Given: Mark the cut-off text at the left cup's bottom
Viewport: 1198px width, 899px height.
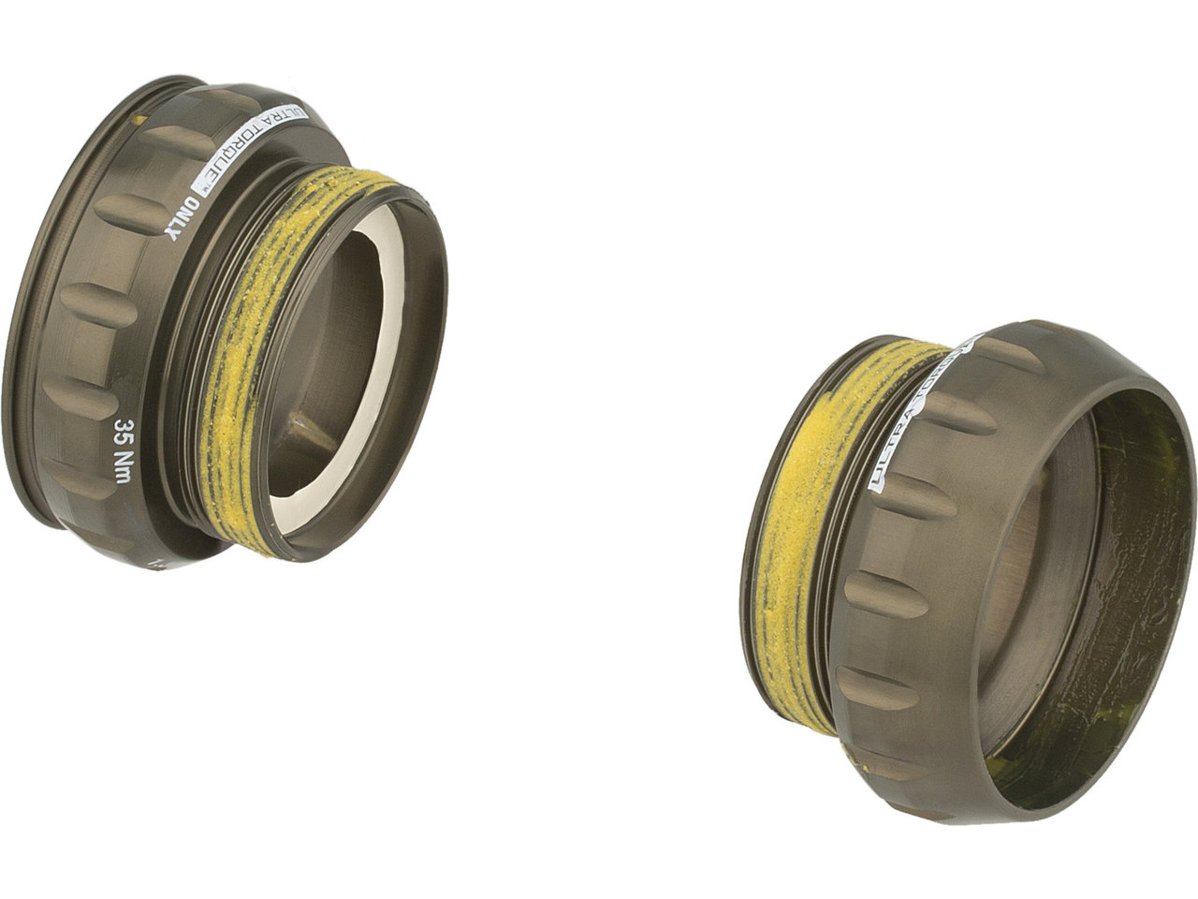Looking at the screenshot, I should pyautogui.click(x=154, y=562).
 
